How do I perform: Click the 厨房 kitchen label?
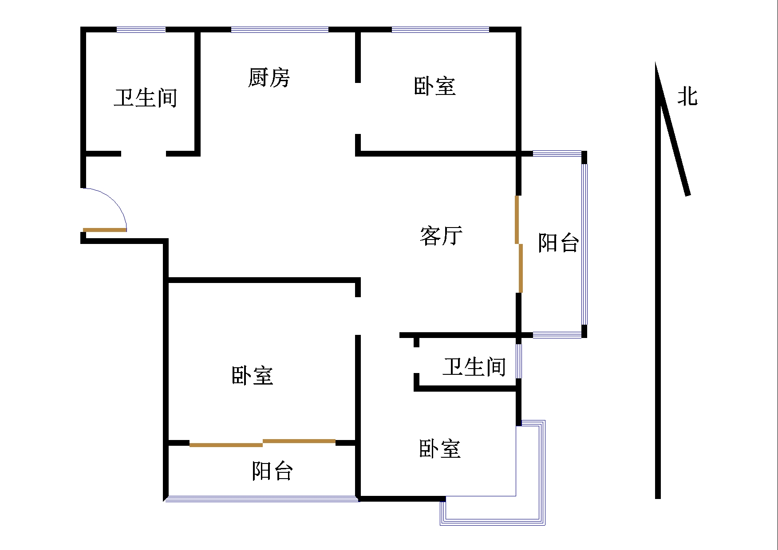(x=269, y=78)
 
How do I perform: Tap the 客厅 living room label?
(x=441, y=236)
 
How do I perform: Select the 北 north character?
(x=687, y=96)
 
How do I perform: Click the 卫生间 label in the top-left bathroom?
(x=145, y=98)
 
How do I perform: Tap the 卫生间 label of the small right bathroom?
(x=474, y=367)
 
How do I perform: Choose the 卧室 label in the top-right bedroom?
(x=434, y=86)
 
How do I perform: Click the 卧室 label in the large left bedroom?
(x=252, y=376)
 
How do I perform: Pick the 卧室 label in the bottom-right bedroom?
(x=440, y=449)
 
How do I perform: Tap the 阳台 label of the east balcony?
(x=558, y=243)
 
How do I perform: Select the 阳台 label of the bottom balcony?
(x=272, y=471)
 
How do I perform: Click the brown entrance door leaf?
(x=105, y=230)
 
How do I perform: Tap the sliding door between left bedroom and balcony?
(x=262, y=443)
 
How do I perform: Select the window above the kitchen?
(x=280, y=30)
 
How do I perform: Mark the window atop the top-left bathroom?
(x=141, y=30)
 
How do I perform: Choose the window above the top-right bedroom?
(x=440, y=30)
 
